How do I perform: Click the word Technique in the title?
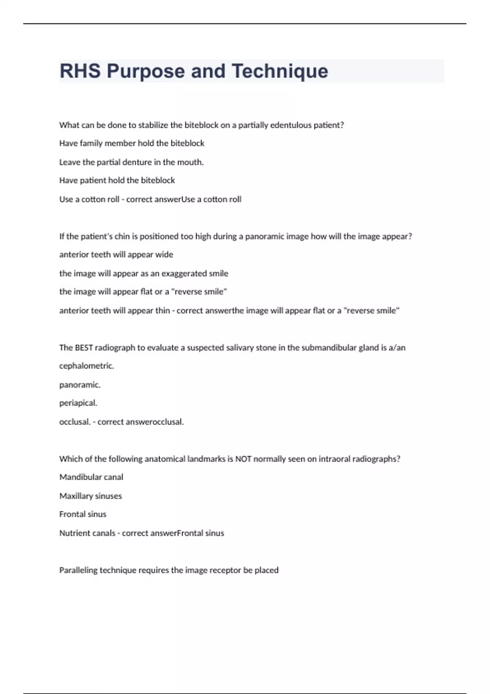(x=280, y=71)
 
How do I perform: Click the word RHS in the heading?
(x=80, y=71)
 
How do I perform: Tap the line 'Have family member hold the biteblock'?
(x=131, y=143)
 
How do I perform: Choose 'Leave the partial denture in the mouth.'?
(x=131, y=162)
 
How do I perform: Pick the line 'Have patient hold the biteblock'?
(x=117, y=180)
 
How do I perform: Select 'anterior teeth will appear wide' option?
(x=116, y=255)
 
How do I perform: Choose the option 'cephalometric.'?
(x=87, y=366)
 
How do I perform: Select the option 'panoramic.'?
(x=80, y=385)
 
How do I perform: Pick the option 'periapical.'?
(x=78, y=403)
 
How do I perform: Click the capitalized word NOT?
(x=243, y=459)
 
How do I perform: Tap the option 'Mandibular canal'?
(x=91, y=477)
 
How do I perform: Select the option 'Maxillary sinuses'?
(x=90, y=496)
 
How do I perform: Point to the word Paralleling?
(x=78, y=570)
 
